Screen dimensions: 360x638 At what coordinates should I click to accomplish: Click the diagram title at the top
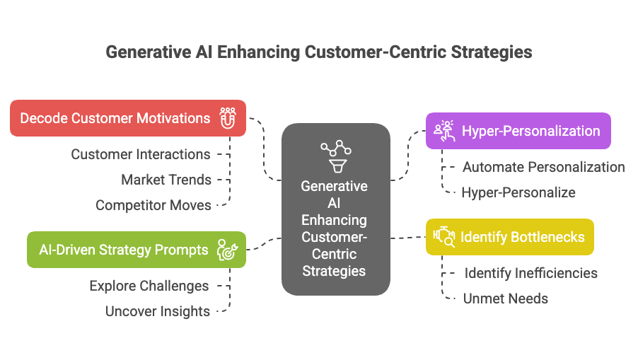(318, 52)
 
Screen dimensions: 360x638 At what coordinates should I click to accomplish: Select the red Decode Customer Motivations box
(128, 118)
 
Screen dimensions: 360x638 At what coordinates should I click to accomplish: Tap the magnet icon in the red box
(227, 118)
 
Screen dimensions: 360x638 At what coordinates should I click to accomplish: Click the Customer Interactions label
(140, 154)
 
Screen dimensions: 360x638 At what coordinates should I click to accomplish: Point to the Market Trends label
(166, 180)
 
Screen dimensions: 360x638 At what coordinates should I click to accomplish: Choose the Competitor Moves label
(153, 205)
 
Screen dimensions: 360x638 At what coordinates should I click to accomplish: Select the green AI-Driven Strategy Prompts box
(137, 250)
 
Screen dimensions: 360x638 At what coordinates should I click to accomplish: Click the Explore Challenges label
(149, 286)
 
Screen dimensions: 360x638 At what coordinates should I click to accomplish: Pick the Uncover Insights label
(157, 311)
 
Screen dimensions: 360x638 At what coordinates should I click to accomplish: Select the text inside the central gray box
(335, 228)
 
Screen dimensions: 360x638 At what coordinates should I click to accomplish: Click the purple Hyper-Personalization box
(518, 131)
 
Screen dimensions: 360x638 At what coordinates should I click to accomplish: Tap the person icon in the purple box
(443, 131)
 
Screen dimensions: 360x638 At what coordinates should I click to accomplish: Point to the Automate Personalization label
(543, 167)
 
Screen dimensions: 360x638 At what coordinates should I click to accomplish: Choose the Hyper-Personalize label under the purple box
(518, 192)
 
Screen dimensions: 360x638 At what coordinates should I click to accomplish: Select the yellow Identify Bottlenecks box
(509, 237)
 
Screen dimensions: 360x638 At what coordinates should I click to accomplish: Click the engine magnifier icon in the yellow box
(443, 237)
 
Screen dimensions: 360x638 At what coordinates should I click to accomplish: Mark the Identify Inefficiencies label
(530, 273)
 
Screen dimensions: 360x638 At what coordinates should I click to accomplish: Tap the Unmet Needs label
(505, 298)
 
